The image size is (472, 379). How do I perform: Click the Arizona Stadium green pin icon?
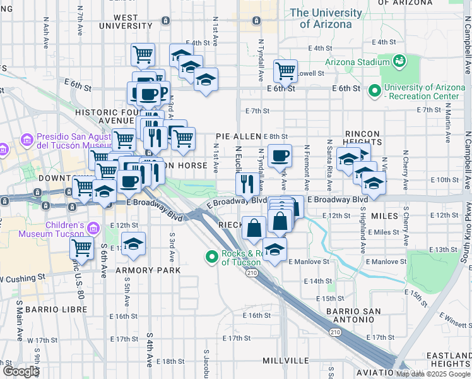[399, 61]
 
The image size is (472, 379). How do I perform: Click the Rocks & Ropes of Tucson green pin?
[212, 256]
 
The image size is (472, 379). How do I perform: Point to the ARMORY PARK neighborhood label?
[139, 270]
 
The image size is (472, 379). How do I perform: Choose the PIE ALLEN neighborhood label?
[238, 136]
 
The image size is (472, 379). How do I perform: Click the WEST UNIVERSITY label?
[126, 22]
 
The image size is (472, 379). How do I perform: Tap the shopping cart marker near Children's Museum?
[82, 248]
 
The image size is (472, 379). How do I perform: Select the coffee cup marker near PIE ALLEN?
[280, 155]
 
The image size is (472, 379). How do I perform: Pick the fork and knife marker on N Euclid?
[245, 184]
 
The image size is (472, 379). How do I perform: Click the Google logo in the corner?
[21, 371]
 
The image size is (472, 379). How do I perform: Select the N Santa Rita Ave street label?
[329, 166]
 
